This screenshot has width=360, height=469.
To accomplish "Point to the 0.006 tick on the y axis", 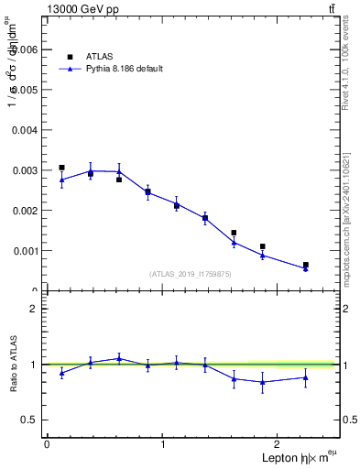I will pyautogui.click(x=25, y=50).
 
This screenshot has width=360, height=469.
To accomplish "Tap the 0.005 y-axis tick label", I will pyautogui.click(x=25, y=91).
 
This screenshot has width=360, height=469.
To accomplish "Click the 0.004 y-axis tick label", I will pyautogui.click(x=25, y=130).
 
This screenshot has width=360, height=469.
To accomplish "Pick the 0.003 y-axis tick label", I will pyautogui.click(x=25, y=170).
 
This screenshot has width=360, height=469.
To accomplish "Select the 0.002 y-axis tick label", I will pyautogui.click(x=25, y=211).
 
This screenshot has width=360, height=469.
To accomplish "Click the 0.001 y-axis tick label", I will pyautogui.click(x=25, y=251).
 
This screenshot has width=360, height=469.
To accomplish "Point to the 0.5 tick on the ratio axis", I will pyautogui.click(x=30, y=420).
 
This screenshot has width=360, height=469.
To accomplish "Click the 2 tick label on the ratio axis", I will pyautogui.click(x=34, y=309).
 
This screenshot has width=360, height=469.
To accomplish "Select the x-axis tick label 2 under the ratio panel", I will pyautogui.click(x=280, y=444).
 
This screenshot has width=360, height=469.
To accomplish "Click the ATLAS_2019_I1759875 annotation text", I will pyautogui.click(x=191, y=274).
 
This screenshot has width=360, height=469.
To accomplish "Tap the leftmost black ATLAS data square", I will pyautogui.click(x=61, y=168).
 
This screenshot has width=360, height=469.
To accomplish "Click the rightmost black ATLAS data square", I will pyautogui.click(x=305, y=265).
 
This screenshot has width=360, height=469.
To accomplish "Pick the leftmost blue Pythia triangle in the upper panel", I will pyautogui.click(x=61, y=180).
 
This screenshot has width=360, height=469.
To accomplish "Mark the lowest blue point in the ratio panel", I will pyautogui.click(x=263, y=382).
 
